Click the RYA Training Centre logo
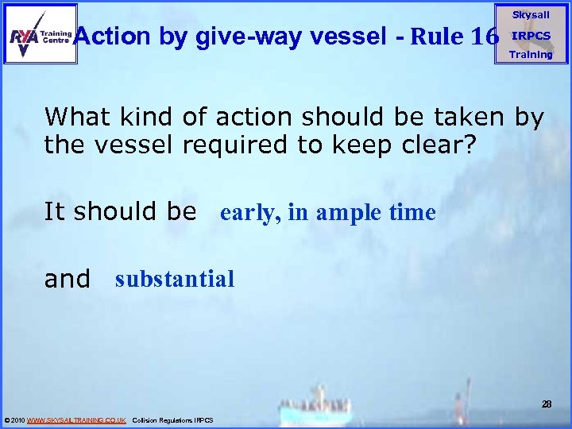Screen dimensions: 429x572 click(40, 34)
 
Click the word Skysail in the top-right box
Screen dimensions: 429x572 click(531, 15)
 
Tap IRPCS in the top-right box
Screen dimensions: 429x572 click(531, 36)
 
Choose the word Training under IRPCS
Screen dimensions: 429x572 click(531, 55)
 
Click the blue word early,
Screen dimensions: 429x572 click(249, 213)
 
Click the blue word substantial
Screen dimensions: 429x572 click(175, 279)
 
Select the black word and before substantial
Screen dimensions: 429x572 click(68, 279)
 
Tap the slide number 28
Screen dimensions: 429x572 click(547, 404)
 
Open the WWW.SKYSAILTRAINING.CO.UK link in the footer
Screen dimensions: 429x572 click(76, 419)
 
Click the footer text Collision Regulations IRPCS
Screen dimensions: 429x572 click(172, 419)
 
